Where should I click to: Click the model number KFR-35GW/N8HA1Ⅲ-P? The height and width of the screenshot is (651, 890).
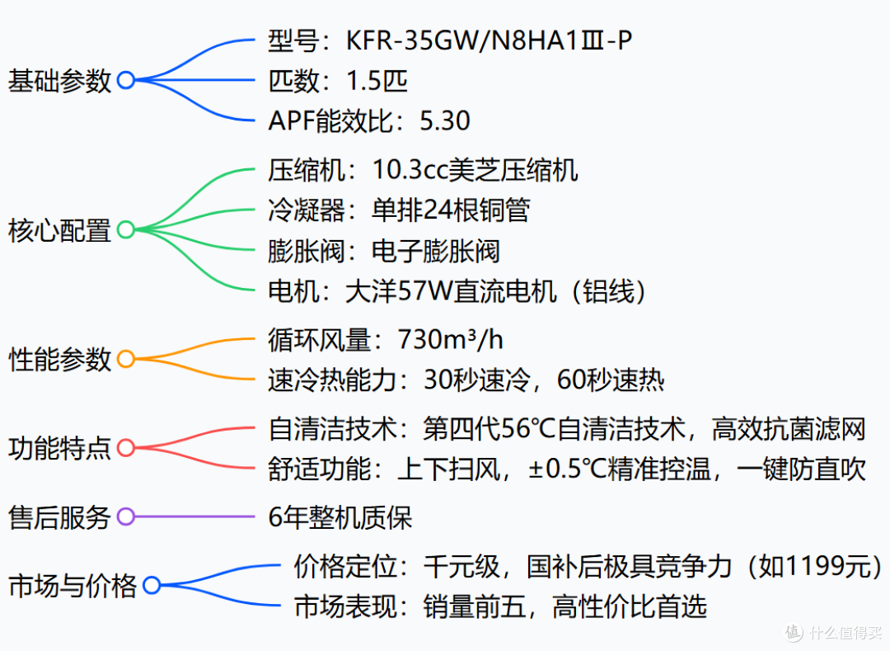coord(489,40)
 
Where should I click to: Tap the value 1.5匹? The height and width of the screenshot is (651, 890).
coord(377,81)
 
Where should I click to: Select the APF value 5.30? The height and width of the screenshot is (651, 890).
coord(444,120)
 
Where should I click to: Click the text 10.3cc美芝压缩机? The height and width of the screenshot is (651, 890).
coord(475,170)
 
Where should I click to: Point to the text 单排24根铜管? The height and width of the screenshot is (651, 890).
coord(451,210)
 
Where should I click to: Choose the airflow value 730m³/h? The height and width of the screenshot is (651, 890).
coord(450,340)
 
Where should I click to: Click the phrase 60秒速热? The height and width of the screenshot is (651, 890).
coord(610,380)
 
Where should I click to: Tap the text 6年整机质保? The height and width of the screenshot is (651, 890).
coord(340,517)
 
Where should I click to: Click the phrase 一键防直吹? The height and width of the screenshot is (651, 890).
coord(801,469)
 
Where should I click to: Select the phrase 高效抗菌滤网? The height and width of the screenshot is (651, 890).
coord(789,429)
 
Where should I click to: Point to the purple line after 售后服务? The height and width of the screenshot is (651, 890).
coord(194,517)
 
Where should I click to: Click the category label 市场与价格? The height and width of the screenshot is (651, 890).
coord(73,587)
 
